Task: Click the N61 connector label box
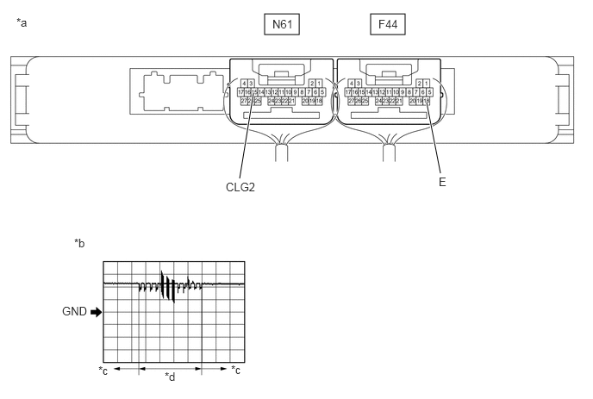(x=281, y=25)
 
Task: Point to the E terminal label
(x=442, y=183)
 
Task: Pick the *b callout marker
(x=79, y=244)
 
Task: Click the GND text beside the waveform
(x=73, y=312)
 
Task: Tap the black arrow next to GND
(x=95, y=312)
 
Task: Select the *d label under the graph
(x=170, y=377)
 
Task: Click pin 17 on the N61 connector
(x=240, y=91)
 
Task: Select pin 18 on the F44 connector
(x=427, y=101)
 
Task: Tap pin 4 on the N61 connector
(x=245, y=83)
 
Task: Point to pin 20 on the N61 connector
(x=305, y=101)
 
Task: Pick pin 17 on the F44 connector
(x=346, y=91)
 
